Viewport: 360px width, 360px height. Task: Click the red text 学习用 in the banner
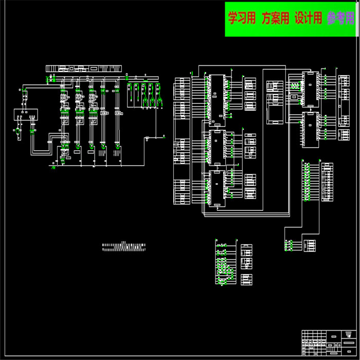click(x=242, y=19)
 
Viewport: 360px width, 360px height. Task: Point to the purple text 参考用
click(x=340, y=19)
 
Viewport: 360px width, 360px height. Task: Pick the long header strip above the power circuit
click(x=83, y=68)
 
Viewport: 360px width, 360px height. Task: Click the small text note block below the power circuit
click(x=123, y=247)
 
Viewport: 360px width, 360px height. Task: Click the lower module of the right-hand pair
click(x=310, y=126)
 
